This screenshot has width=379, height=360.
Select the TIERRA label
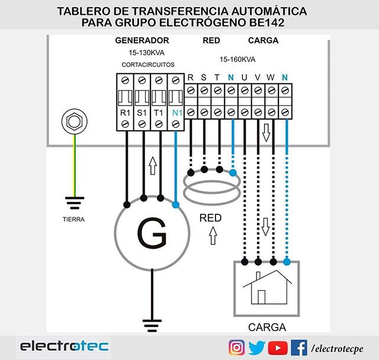(73, 220)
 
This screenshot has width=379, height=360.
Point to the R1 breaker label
(125, 112)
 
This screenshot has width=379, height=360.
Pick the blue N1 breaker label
(175, 112)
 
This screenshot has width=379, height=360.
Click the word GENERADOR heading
(142, 40)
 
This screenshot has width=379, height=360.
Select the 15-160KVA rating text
(237, 60)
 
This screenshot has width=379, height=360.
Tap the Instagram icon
(237, 347)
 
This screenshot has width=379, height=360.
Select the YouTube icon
(278, 347)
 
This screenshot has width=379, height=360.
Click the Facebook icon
(298, 347)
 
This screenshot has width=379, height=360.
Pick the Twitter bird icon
(257, 347)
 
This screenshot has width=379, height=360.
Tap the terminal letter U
(244, 78)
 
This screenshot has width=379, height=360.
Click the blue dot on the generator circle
(176, 205)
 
